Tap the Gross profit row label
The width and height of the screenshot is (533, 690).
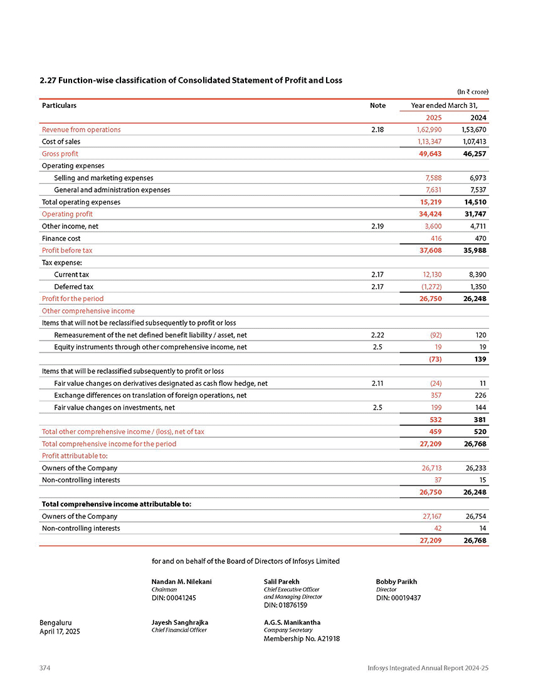pos(60,154)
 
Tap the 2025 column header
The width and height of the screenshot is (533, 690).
pos(433,117)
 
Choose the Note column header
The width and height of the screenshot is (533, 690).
pos(377,105)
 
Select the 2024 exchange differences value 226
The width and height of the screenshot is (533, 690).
pos(480,395)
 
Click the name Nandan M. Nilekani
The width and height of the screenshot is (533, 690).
pos(182,581)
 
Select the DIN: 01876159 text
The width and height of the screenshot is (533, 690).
pos(285,605)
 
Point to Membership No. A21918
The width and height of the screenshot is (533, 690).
pos(302,639)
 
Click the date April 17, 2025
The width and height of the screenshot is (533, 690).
pos(60,631)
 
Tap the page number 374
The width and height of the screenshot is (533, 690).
pos(45,669)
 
